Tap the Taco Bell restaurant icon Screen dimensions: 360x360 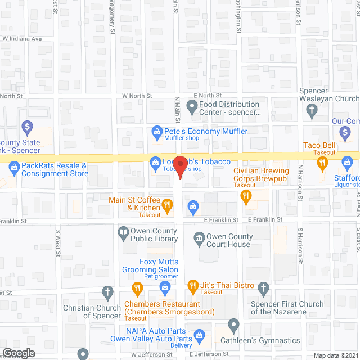tap(322, 164)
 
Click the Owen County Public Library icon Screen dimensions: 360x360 tap(123, 232)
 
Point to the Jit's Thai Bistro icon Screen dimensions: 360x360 tap(192, 285)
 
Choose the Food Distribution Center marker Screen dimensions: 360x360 tap(192, 105)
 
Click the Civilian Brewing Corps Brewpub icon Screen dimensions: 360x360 tap(245, 195)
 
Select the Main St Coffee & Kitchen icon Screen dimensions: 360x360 tap(167, 204)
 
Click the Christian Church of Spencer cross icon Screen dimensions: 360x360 tap(107, 292)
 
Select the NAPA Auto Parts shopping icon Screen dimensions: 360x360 tap(197, 336)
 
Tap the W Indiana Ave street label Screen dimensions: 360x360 tap(22, 39)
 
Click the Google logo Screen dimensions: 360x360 tap(18, 353)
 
